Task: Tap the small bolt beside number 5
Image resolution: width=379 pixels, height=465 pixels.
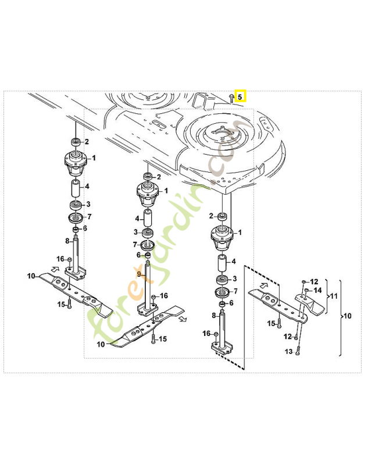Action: [231, 97]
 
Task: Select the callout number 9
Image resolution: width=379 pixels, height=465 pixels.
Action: [139, 274]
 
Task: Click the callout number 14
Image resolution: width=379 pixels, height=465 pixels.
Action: [317, 290]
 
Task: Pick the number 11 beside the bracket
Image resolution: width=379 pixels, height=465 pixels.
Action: [332, 296]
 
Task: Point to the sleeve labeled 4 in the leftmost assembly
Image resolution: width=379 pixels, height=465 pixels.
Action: [76, 189]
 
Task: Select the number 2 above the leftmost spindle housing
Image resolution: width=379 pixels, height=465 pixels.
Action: [87, 141]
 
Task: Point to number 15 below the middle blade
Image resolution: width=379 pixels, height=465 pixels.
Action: [163, 339]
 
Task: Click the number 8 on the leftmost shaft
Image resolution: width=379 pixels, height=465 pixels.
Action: [67, 241]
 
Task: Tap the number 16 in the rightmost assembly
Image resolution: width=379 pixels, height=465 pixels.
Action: [206, 333]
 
